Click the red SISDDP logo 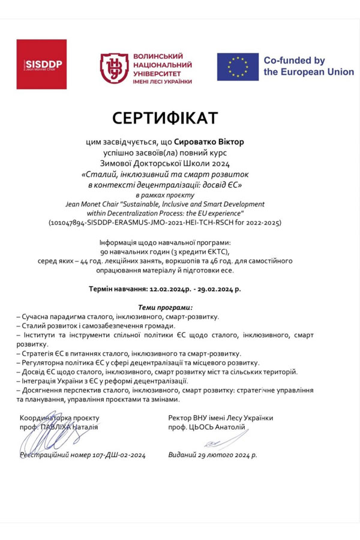[41, 64]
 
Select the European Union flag [238, 67]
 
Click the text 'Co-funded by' [294, 60]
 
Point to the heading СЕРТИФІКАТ [164, 118]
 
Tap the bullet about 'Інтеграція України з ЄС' [103, 381]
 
